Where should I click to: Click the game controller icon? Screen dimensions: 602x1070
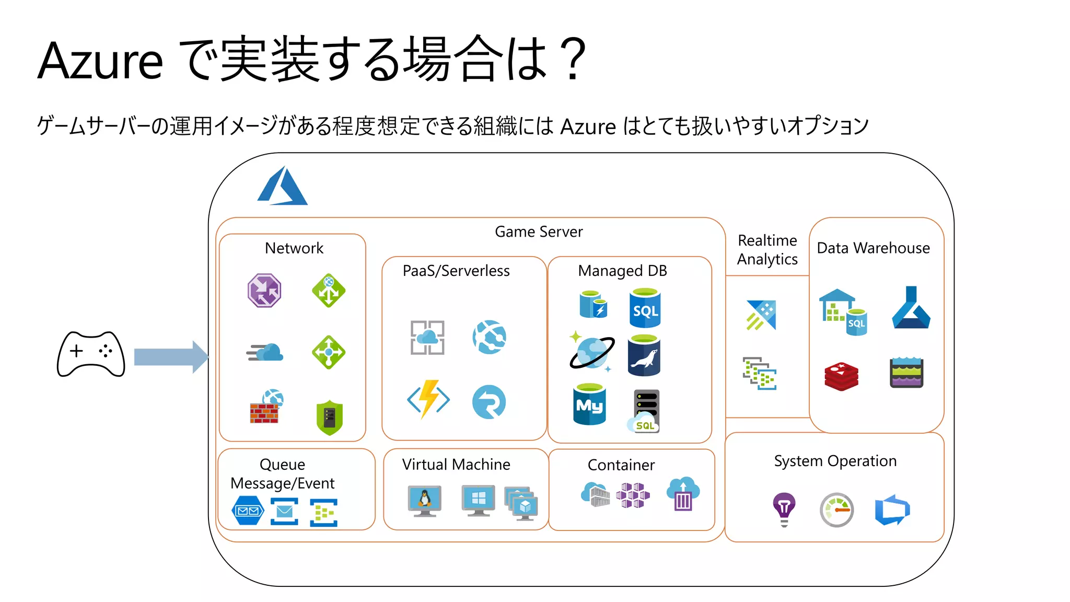point(91,354)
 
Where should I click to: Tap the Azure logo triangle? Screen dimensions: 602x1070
point(283,187)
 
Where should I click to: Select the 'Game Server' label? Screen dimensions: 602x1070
point(539,231)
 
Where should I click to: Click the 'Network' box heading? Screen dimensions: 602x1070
point(294,248)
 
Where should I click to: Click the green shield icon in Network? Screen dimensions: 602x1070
point(330,418)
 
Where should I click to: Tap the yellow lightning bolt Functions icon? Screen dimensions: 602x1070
point(428,400)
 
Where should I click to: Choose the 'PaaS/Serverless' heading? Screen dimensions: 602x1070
point(456,271)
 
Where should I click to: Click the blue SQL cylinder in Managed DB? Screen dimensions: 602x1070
point(645,308)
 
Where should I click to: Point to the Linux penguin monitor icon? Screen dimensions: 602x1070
point(424,500)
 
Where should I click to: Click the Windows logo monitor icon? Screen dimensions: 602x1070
point(478,499)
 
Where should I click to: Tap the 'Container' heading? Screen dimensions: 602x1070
point(621,465)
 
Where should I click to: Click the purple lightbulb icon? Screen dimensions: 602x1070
point(784,509)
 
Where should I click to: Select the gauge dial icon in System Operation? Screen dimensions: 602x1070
point(836,510)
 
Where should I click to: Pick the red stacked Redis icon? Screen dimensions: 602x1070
point(841,376)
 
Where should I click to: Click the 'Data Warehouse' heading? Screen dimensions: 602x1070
point(873,248)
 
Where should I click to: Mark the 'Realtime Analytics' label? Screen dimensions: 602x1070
point(767,250)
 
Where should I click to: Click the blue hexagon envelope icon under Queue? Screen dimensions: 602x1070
point(248,511)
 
